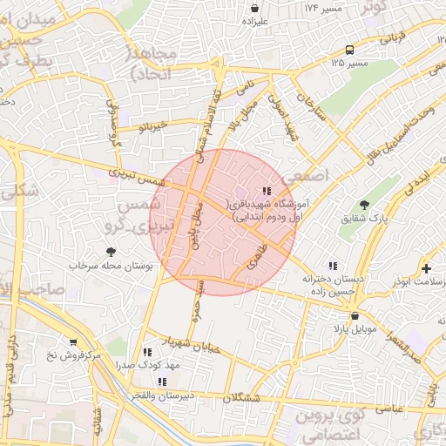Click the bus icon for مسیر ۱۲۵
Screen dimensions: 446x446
pos(348,50)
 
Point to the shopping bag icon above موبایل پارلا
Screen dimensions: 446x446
pos(353,316)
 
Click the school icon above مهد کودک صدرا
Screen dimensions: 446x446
pos(145,353)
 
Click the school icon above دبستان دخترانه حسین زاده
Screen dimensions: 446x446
pos(331,266)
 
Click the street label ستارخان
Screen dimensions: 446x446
pos(311,112)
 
